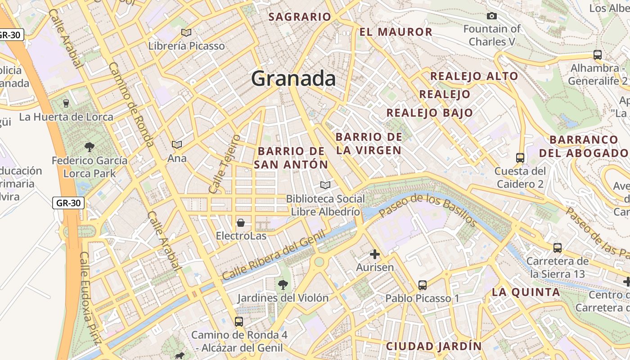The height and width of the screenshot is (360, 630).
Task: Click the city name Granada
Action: pyautogui.click(x=293, y=79)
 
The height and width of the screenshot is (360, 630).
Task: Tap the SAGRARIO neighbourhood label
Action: pyautogui.click(x=300, y=17)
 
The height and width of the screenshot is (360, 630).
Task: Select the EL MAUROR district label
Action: pyautogui.click(x=396, y=32)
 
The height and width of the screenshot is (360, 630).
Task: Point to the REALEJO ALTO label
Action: pyautogui.click(x=474, y=76)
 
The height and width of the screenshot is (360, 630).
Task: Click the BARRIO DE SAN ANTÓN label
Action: pyautogui.click(x=291, y=157)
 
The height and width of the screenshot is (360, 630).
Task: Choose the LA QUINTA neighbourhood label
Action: pyautogui.click(x=526, y=292)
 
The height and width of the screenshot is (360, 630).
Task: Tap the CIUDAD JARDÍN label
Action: pyautogui.click(x=434, y=346)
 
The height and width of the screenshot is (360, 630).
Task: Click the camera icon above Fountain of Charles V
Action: pyautogui.click(x=492, y=16)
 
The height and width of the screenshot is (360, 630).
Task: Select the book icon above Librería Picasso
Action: pyautogui.click(x=186, y=32)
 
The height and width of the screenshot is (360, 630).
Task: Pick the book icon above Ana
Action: pyautogui.click(x=177, y=144)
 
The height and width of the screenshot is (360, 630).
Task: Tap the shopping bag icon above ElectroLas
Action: pyautogui.click(x=241, y=222)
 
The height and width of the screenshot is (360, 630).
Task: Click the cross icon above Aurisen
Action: pyautogui.click(x=374, y=255)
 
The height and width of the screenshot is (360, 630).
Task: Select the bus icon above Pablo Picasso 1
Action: pyautogui.click(x=422, y=285)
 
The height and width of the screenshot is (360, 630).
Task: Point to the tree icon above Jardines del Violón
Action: pyautogui.click(x=283, y=284)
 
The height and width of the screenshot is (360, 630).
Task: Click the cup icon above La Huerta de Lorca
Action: pyautogui.click(x=66, y=103)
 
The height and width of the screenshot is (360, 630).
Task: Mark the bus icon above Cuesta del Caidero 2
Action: pyautogui.click(x=520, y=157)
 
